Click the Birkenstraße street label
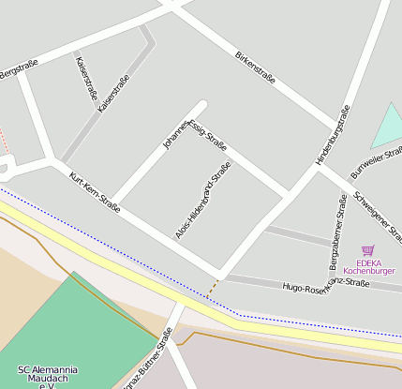256,67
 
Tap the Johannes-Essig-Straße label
194,131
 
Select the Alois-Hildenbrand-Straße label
203,200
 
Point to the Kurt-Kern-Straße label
95,192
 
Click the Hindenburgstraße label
333,136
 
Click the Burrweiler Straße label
377,162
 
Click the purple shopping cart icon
367,250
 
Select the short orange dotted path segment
215,285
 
